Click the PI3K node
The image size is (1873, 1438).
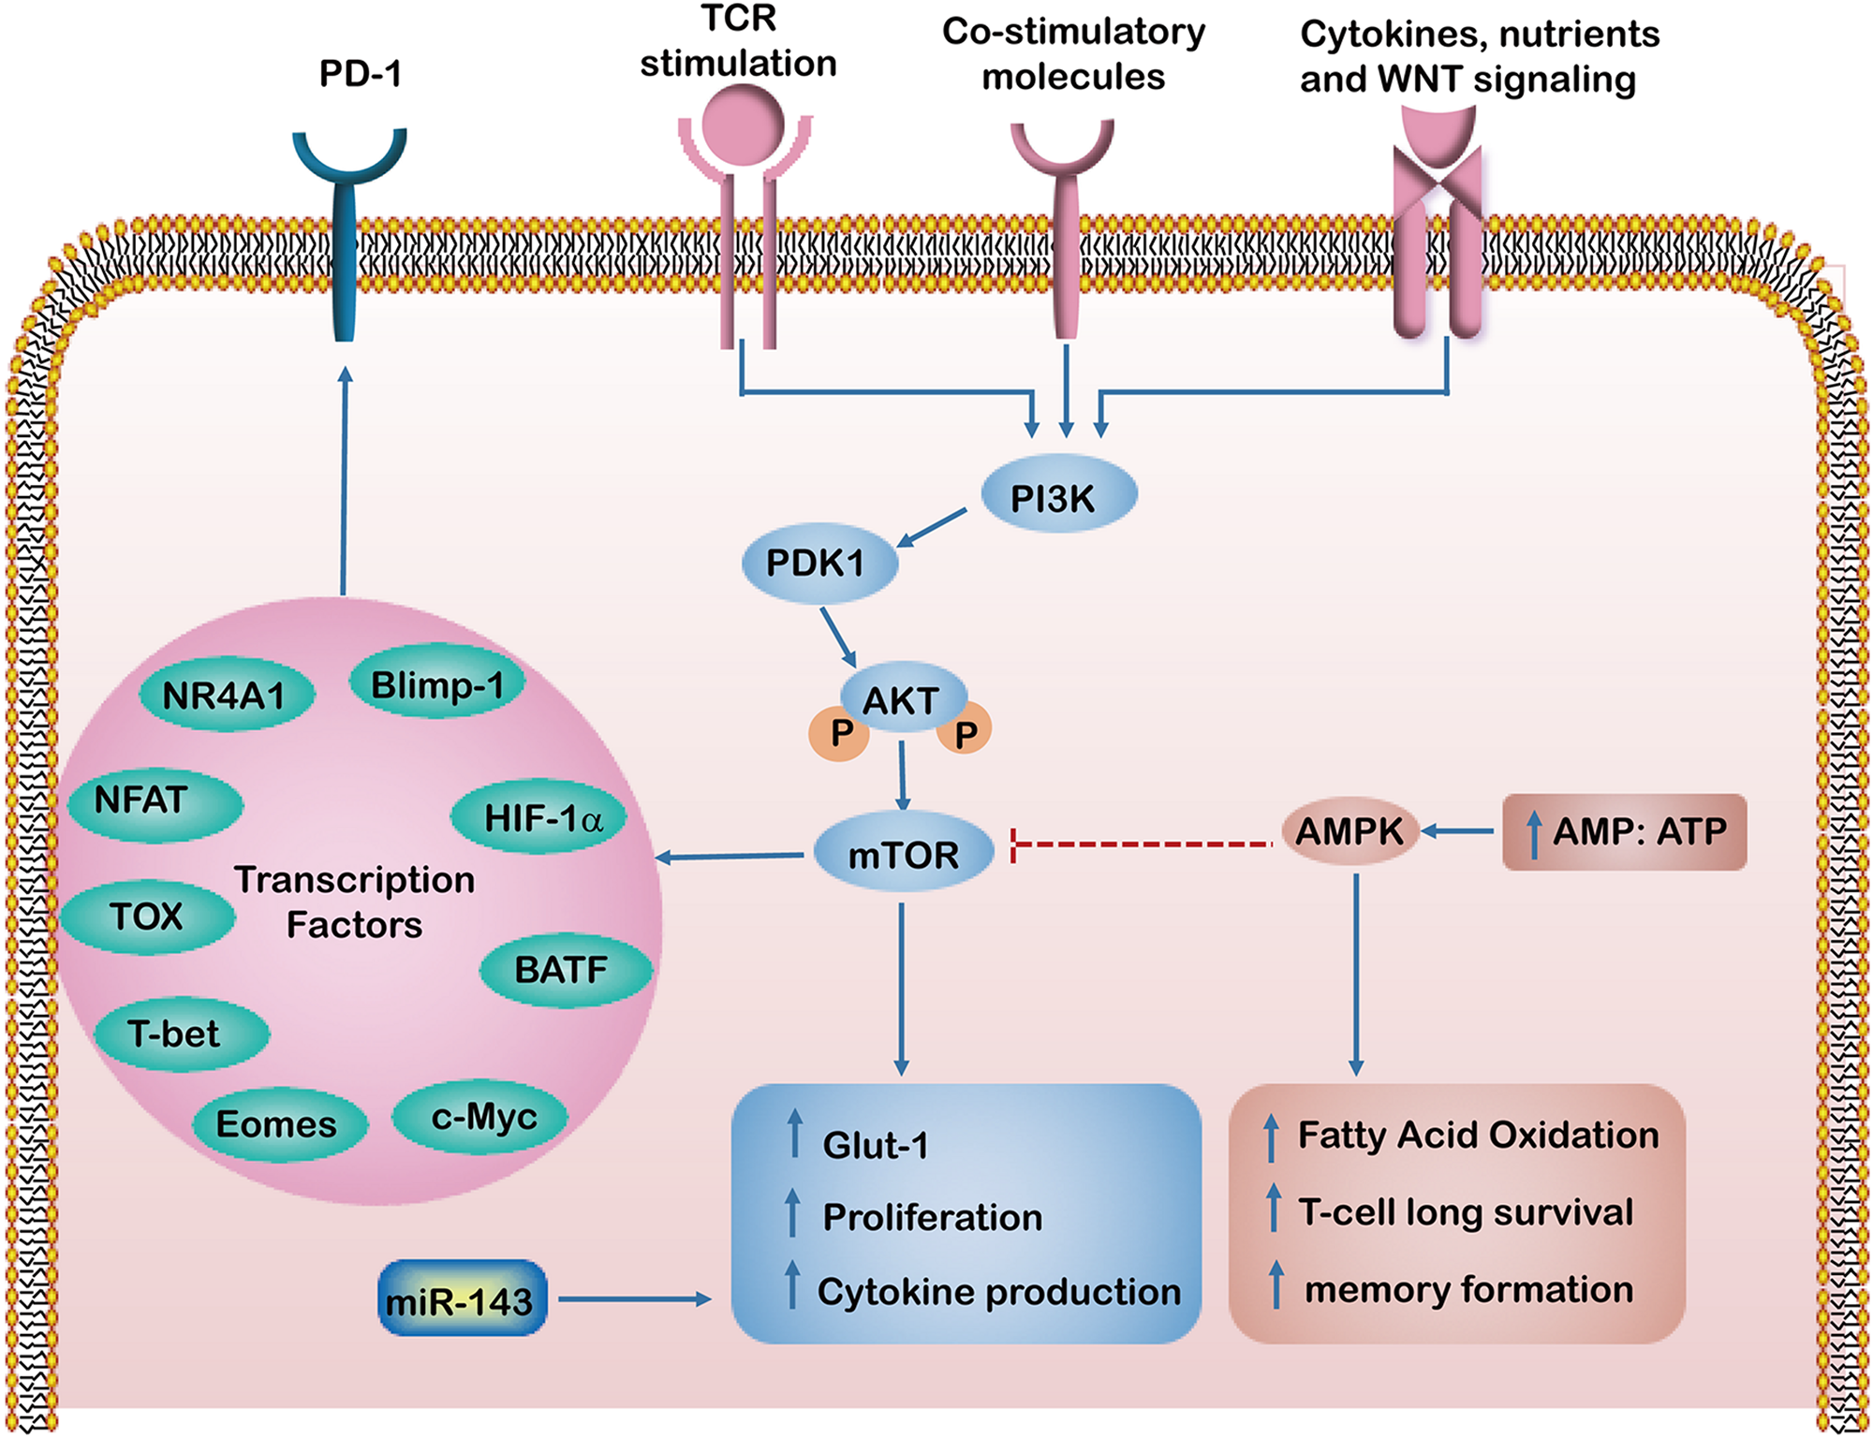coord(1058,495)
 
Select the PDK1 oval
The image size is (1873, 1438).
coord(819,563)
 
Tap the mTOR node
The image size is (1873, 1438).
coord(903,853)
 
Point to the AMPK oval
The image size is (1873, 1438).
coord(1349,830)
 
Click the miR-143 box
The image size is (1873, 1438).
coord(462,1299)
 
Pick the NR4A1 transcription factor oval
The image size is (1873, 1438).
coord(226,695)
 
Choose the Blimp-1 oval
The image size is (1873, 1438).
coord(437,684)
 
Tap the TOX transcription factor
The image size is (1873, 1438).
coord(147,916)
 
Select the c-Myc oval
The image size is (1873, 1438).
coord(481,1116)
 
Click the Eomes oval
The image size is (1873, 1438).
coord(278,1123)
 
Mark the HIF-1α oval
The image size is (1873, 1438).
coord(540,817)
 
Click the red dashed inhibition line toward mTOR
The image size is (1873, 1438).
coord(1143,845)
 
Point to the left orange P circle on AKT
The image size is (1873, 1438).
coord(838,733)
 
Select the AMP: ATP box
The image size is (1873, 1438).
coord(1625,831)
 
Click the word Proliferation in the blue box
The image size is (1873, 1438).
coord(932,1217)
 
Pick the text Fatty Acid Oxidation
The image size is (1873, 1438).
coord(1478,1135)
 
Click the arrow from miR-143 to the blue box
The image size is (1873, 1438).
coord(634,1299)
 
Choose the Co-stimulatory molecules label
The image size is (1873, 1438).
coord(1073,54)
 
